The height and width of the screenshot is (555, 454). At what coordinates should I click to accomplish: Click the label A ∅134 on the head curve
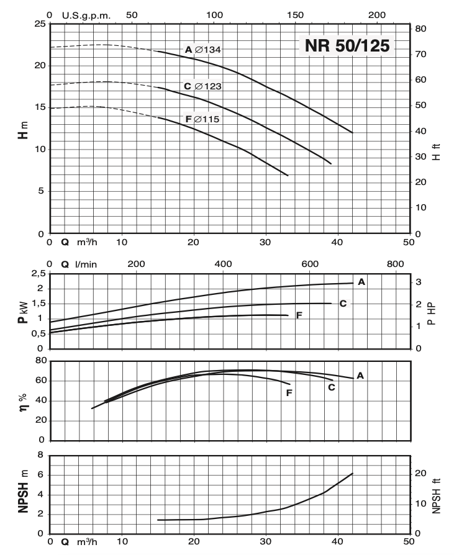202,50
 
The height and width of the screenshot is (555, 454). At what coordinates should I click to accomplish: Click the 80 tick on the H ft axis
420,29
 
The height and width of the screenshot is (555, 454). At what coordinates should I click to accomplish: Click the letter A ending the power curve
361,282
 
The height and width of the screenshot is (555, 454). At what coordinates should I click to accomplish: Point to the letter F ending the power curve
299,315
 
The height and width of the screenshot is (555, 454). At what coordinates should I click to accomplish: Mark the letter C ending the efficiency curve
331,387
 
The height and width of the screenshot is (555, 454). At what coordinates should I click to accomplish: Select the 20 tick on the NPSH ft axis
420,474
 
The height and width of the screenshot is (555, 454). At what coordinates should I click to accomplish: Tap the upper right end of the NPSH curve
352,474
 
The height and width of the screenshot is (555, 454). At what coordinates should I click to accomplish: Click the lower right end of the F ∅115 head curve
288,175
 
